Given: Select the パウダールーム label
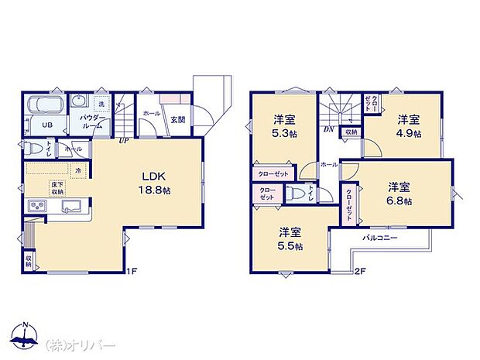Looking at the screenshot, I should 92,120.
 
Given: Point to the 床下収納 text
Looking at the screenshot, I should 57,187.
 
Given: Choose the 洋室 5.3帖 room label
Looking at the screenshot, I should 282,127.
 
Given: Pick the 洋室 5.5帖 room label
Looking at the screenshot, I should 291,239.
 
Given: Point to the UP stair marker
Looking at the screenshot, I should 123,140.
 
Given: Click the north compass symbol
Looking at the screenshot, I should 26,337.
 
